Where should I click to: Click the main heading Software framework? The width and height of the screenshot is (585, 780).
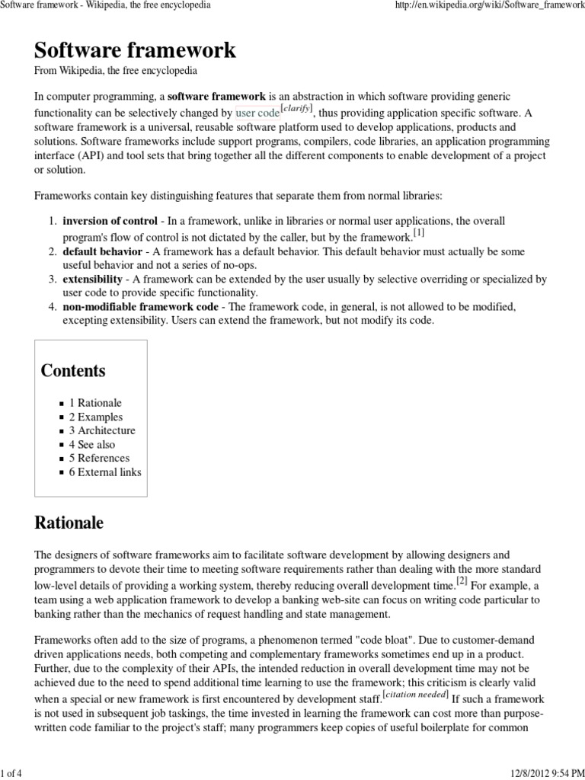[135, 51]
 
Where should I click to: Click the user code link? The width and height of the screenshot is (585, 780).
[257, 113]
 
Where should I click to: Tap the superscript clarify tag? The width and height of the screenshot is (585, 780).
[297, 109]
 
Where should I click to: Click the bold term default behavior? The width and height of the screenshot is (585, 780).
[102, 251]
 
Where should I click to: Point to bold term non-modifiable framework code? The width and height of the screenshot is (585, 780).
[139, 307]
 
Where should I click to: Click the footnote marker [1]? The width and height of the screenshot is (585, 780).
[419, 232]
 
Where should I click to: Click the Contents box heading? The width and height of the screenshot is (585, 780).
[73, 371]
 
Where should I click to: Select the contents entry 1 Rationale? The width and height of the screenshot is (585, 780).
[95, 403]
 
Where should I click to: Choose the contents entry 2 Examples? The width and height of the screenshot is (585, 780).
[95, 417]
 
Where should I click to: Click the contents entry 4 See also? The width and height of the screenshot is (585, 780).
[92, 444]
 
